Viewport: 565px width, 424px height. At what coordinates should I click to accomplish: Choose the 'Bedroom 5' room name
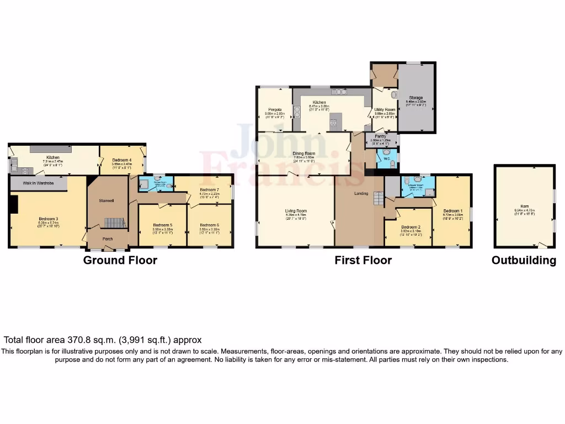click(163, 225)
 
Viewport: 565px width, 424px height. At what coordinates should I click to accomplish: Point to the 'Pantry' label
click(380, 136)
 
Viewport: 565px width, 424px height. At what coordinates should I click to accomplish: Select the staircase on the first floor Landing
click(378, 198)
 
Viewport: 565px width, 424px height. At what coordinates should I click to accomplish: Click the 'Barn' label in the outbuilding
click(524, 206)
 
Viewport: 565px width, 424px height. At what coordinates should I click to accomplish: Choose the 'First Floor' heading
click(363, 261)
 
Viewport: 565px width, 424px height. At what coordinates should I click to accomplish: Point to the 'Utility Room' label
click(385, 109)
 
